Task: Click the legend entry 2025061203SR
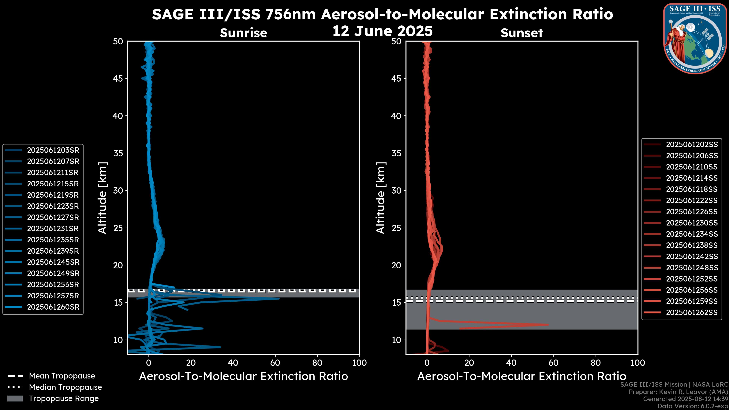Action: coord(53,150)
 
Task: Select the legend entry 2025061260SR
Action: coord(53,307)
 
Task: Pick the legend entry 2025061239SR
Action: coord(53,251)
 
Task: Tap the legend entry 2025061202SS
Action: coord(692,145)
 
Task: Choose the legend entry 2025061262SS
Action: coord(692,312)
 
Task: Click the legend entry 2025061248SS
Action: coord(692,268)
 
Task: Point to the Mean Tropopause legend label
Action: coord(62,376)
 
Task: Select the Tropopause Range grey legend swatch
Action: coord(15,398)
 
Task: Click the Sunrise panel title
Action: coord(243,33)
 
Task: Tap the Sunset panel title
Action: coord(522,33)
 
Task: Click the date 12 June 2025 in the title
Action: coord(382,31)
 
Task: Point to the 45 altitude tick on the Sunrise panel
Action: coord(118,79)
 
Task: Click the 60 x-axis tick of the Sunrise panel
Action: coord(275,363)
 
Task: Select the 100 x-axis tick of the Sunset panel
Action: coord(638,363)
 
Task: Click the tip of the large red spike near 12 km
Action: coord(548,325)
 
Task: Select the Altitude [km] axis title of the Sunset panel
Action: coord(381,198)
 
